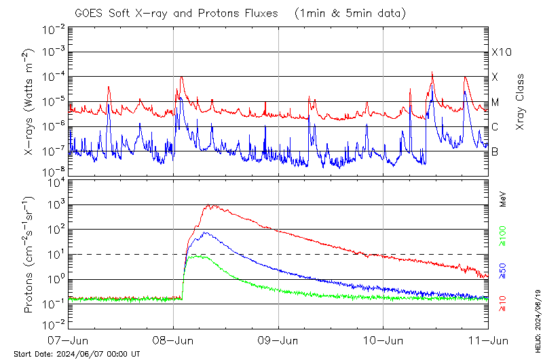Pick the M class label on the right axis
pyautogui.click(x=495, y=103)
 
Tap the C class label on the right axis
pyautogui.click(x=495, y=127)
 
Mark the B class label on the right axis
pyautogui.click(x=495, y=152)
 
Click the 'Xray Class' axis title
pyautogui.click(x=521, y=98)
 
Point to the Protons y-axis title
pyautogui.click(x=29, y=255)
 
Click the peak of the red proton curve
pyautogui.click(x=210, y=204)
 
